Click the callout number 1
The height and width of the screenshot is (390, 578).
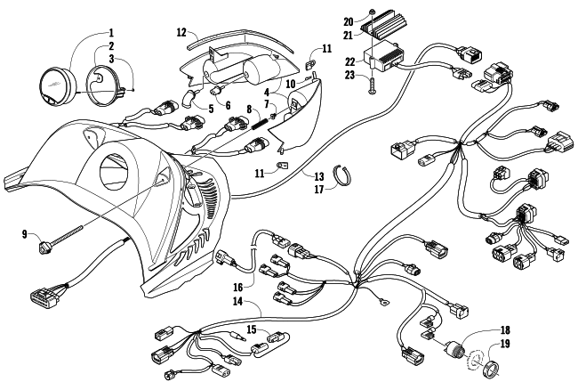click(x=110, y=33)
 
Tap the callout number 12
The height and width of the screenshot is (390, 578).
click(x=181, y=32)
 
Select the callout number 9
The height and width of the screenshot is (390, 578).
click(x=25, y=234)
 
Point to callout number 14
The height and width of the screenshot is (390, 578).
click(x=237, y=302)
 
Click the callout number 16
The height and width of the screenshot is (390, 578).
click(x=238, y=287)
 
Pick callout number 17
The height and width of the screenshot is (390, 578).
click(x=319, y=190)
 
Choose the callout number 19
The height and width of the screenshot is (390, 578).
click(x=505, y=344)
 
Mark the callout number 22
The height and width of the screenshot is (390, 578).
click(x=349, y=62)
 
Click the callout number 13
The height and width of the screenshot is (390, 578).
click(x=319, y=176)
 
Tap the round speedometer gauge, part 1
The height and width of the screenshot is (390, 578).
click(x=58, y=86)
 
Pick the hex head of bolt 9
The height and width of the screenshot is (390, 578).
click(x=44, y=246)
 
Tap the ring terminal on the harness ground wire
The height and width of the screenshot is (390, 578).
click(x=383, y=304)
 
